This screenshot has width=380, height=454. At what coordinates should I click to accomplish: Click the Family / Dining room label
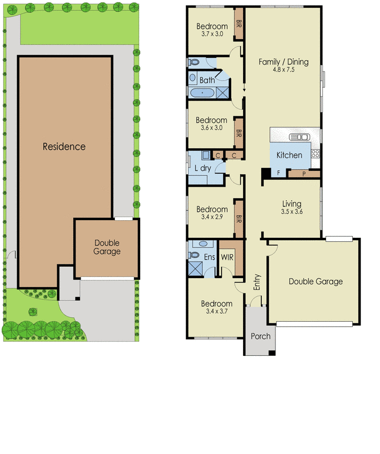pyautogui.click(x=283, y=62)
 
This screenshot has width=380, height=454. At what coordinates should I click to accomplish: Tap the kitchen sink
pyautogui.click(x=299, y=136)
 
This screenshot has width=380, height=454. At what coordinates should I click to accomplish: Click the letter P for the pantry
pyautogui.click(x=303, y=174)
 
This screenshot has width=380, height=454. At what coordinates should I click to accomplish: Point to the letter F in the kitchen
pyautogui.click(x=278, y=173)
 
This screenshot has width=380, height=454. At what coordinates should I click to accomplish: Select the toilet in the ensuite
pyautogui.click(x=200, y=245)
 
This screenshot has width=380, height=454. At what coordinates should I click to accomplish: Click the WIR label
pyautogui.click(x=227, y=258)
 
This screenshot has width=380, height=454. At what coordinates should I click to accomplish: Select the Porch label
pyautogui.click(x=260, y=336)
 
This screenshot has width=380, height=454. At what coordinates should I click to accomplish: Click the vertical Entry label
pyautogui.click(x=257, y=281)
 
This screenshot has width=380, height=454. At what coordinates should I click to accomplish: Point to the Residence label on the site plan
pyautogui.click(x=64, y=146)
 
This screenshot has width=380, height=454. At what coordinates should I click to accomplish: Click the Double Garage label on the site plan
pyautogui.click(x=107, y=247)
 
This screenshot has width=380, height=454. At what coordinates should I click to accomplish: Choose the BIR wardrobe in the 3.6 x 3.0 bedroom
pyautogui.click(x=239, y=134)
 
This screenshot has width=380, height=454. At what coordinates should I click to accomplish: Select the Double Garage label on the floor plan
pyautogui.click(x=315, y=281)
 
